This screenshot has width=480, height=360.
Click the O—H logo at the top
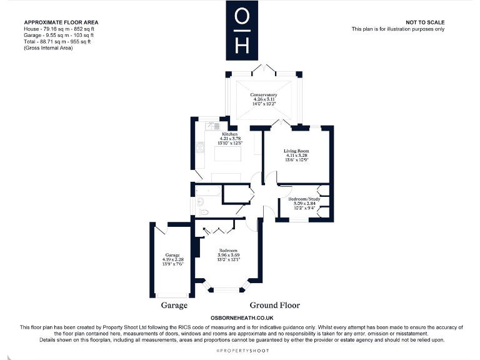244,29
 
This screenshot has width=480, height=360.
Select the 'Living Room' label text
297,151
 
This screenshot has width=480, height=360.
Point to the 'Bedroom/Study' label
306,199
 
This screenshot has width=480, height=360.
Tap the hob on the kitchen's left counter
200,147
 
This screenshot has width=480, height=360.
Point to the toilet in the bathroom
201,202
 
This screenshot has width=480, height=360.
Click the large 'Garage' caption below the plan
175,306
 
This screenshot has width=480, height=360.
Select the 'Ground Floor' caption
274,306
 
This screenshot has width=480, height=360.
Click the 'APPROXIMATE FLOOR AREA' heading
61,22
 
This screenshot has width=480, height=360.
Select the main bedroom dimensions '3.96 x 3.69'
228,255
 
